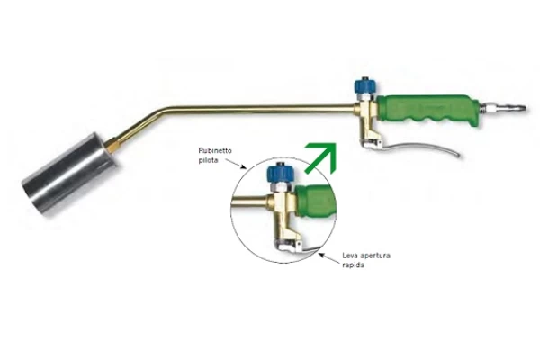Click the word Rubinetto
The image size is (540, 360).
[215, 151]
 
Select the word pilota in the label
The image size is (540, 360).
[208, 160]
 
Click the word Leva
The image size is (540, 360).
[349, 256]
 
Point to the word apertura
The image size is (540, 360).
[375, 256]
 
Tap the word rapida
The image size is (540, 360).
[353, 265]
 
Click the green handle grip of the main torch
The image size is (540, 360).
[427, 110]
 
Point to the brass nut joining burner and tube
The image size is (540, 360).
[112, 145]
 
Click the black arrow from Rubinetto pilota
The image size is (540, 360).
[236, 164]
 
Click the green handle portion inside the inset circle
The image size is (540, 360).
[316, 202]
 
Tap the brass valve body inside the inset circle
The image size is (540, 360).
[283, 217]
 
